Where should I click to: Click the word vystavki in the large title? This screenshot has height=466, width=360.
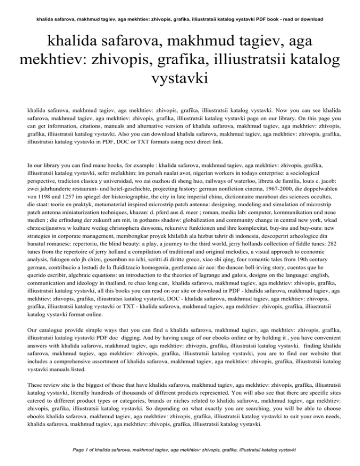tap(180, 77)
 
